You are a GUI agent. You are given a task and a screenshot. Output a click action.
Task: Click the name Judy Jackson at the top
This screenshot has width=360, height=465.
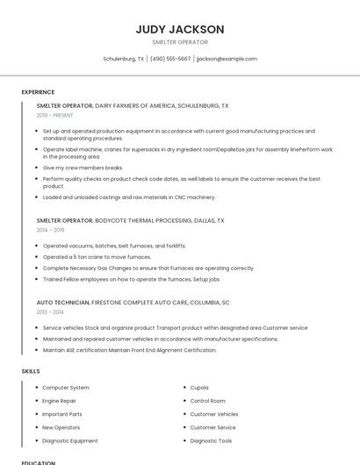180,29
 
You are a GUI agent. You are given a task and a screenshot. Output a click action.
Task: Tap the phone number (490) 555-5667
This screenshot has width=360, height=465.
170,59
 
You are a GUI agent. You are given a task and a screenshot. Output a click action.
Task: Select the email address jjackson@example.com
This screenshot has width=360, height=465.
227,59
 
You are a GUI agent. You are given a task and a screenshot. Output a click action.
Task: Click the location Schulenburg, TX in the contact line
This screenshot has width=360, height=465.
123,59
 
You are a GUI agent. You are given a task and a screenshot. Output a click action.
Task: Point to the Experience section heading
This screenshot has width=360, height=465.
38,92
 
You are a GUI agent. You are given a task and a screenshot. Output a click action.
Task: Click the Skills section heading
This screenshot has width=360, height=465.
31,371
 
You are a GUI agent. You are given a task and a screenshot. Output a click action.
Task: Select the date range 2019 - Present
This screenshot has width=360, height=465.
55,115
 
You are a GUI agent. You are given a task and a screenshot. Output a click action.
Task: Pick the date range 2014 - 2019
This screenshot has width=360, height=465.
50,231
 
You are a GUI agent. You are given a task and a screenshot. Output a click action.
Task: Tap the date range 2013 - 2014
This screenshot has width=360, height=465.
50,311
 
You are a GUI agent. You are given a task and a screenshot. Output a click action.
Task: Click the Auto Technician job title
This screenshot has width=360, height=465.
63,302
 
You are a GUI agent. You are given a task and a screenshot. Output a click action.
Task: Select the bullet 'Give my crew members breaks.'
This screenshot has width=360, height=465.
83,168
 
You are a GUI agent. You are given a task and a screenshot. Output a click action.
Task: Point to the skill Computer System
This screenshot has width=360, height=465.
66,388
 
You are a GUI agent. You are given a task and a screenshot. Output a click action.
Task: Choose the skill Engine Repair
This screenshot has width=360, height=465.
59,401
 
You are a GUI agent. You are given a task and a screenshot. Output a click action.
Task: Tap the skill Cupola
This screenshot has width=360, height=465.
199,388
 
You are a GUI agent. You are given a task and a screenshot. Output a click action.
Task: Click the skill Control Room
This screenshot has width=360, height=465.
207,401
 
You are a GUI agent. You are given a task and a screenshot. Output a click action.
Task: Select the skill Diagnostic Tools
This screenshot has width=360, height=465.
211,440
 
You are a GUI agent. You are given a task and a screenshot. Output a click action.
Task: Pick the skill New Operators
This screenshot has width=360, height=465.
61,427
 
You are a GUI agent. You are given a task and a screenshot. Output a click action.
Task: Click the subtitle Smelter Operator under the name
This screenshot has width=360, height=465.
180,42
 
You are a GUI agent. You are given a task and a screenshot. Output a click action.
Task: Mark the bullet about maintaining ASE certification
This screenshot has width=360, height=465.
129,350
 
